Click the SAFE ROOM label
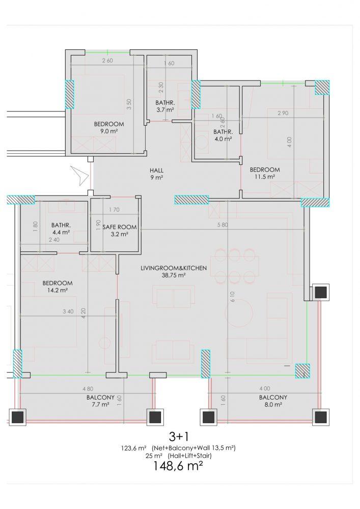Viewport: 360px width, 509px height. pyautogui.click(x=120, y=231)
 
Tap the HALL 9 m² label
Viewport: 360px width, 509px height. pyautogui.click(x=156, y=174)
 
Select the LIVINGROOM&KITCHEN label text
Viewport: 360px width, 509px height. pyautogui.click(x=174, y=268)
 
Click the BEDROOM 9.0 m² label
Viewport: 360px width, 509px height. pyautogui.click(x=109, y=127)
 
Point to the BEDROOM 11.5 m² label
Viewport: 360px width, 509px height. pyautogui.click(x=265, y=173)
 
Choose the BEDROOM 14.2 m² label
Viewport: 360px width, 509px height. pyautogui.click(x=58, y=287)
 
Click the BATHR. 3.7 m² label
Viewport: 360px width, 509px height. pyautogui.click(x=165, y=106)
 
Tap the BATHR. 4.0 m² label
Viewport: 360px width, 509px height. pyautogui.click(x=223, y=135)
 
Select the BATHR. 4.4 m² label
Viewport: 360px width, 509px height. pyautogui.click(x=61, y=229)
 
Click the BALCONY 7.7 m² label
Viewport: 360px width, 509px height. pyautogui.click(x=100, y=401)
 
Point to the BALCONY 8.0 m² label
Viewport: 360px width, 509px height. pyautogui.click(x=273, y=401)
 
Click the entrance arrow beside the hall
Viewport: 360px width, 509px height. pyautogui.click(x=79, y=175)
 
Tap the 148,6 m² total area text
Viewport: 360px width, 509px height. pyautogui.click(x=178, y=466)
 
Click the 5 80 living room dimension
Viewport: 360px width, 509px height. pyautogui.click(x=223, y=224)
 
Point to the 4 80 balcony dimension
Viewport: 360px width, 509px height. pyautogui.click(x=88, y=388)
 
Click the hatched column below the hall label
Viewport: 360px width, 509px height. pyautogui.click(x=191, y=200)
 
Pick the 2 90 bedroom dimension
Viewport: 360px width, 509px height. pyautogui.click(x=283, y=113)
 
